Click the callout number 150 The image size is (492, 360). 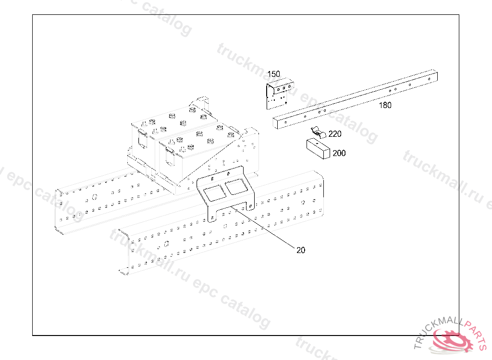click(274, 74)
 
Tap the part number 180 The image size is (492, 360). click(385, 106)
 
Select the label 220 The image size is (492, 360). click(335, 134)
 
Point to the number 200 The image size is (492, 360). click(339, 154)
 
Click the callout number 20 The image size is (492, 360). click(301, 250)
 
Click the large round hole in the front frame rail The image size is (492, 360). click(166, 243)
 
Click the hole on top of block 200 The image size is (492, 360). click(318, 143)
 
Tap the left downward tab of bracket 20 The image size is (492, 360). click(212, 214)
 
